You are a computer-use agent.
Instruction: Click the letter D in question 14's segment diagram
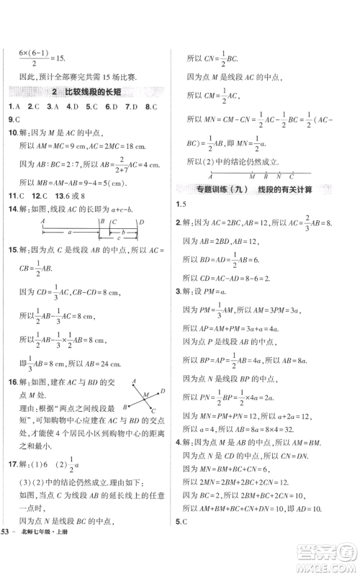pyautogui.click(x=141, y=222)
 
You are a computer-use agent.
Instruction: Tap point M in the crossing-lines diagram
pyautogui.click(x=145, y=395)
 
